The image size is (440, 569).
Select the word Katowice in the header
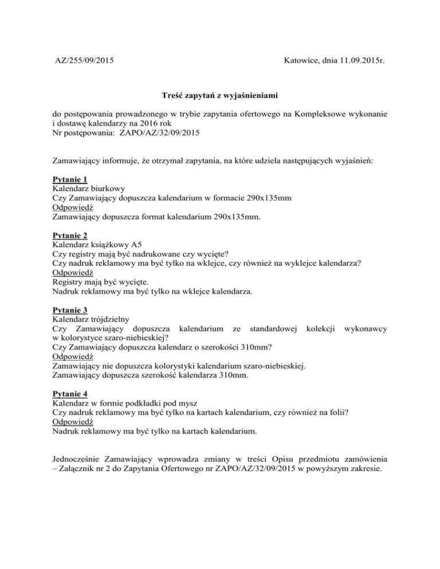coord(302,59)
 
